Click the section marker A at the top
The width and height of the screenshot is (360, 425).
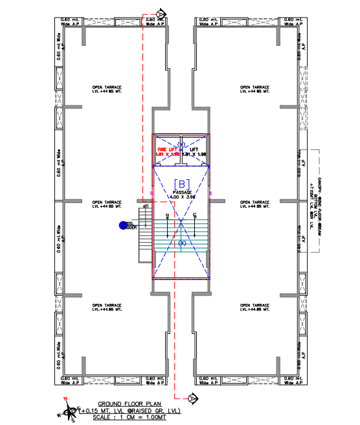161,13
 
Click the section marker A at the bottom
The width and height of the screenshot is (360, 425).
192,397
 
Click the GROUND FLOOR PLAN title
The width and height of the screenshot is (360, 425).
125,402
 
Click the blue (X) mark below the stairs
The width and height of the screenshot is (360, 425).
182,243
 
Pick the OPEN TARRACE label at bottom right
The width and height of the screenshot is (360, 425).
255,307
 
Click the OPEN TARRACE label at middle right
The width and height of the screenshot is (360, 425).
255,203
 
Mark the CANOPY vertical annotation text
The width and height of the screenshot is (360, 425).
320,194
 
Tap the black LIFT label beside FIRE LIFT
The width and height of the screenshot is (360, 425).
194,149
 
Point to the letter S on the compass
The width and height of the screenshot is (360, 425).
73,420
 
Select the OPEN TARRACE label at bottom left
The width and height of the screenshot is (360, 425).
107,307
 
